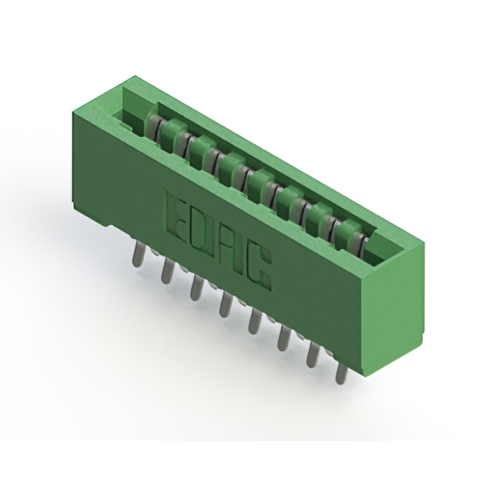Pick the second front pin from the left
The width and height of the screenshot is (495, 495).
(166, 268)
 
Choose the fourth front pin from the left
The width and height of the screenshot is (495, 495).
(225, 304)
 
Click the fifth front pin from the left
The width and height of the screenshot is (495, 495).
(254, 320)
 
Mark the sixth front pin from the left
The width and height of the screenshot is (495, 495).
(284, 337)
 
